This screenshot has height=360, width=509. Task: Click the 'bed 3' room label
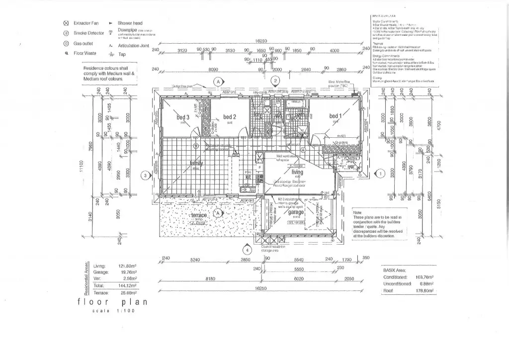pyautogui.click(x=183, y=117)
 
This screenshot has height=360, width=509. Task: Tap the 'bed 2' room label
pyautogui.click(x=229, y=117)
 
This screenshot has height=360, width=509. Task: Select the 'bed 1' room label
pyautogui.click(x=336, y=116)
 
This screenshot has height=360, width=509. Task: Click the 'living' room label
pyautogui.click(x=297, y=172)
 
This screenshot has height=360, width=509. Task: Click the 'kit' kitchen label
pyautogui.click(x=247, y=176)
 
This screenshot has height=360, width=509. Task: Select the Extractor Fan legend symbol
pyautogui.click(x=66, y=23)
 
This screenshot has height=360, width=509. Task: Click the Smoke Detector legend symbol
pyautogui.click(x=66, y=33)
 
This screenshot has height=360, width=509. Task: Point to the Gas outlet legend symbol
pyautogui.click(x=66, y=43)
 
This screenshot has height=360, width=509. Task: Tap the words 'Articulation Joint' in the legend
pyautogui.click(x=134, y=45)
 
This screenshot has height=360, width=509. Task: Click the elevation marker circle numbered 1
pyautogui.click(x=380, y=174)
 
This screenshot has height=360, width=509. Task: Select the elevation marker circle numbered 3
pyautogui.click(x=145, y=175)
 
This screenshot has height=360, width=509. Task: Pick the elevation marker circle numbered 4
pyautogui.click(x=247, y=250)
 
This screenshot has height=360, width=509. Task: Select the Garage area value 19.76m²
pyautogui.click(x=129, y=272)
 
